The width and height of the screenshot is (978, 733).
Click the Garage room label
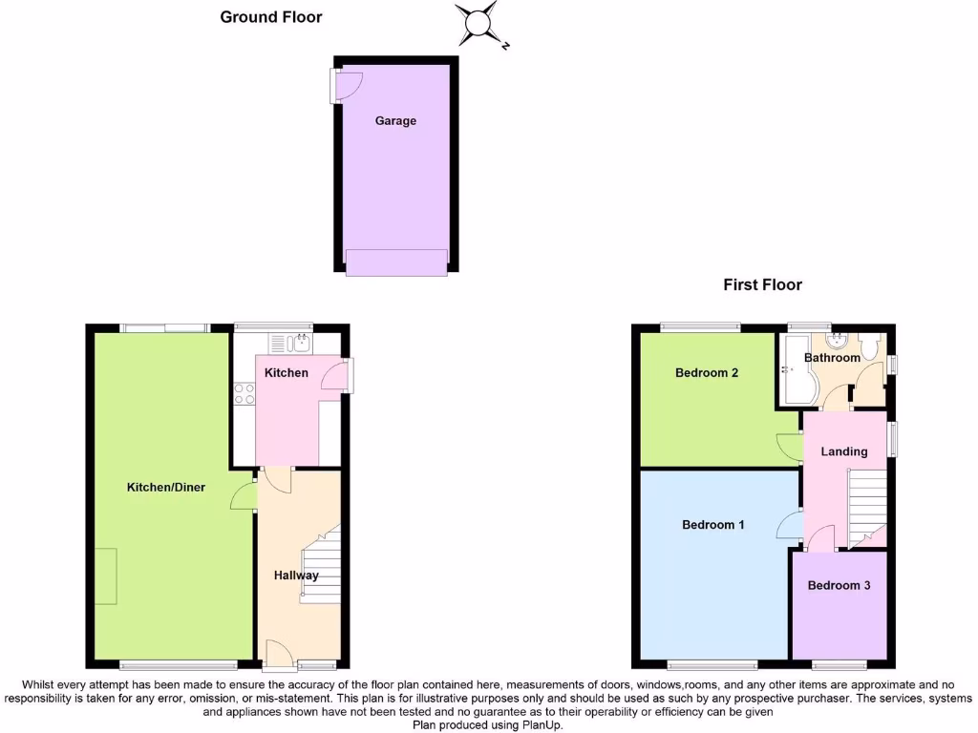pos(395,121)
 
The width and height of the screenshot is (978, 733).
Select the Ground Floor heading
pos(271,16)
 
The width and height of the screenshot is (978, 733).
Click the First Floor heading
pos(762,284)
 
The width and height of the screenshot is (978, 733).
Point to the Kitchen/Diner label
pos(166,488)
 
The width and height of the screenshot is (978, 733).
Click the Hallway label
pos(296,576)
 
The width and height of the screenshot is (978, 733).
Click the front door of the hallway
pos(278,654)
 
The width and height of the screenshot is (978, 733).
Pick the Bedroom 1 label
pos(713,525)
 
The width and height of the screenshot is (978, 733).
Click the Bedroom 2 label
pos(707,373)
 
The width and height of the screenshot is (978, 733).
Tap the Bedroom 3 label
pos(839,586)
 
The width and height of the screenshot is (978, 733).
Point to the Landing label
pos(844,451)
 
